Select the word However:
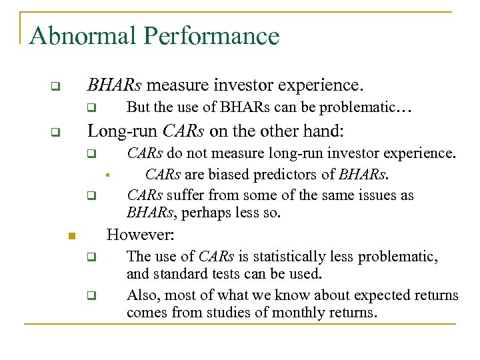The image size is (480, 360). pyautogui.click(x=141, y=235)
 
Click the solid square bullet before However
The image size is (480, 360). pyautogui.click(x=73, y=236)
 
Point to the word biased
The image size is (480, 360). pyautogui.click(x=227, y=175)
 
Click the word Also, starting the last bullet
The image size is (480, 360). pyautogui.click(x=143, y=295)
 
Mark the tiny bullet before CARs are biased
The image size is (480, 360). pyautogui.click(x=107, y=176)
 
